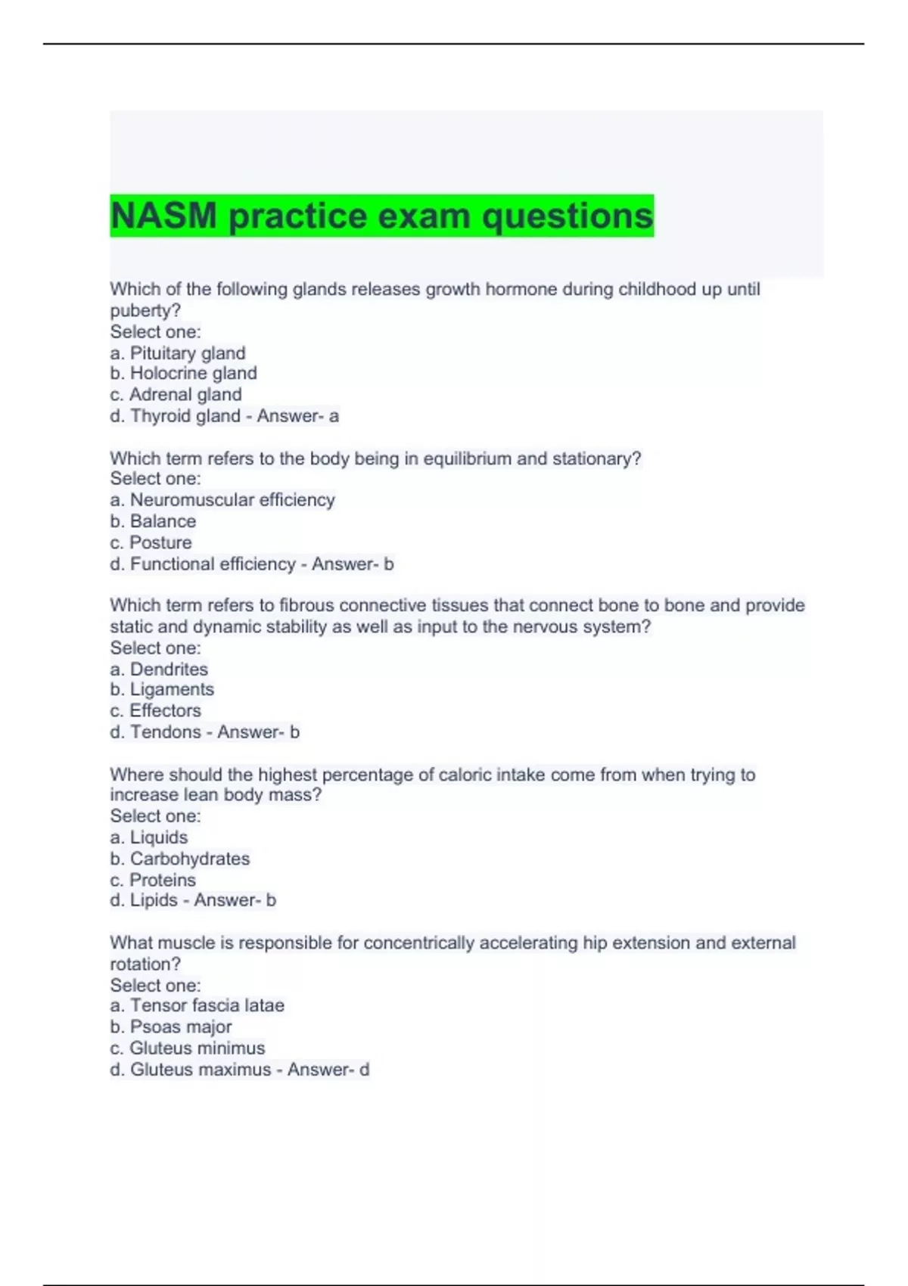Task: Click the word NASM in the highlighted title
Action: pyautogui.click(x=163, y=216)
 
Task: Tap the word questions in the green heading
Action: pyautogui.click(x=567, y=216)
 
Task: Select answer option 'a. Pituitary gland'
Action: pyautogui.click(x=178, y=353)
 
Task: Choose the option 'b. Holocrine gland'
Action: pyautogui.click(x=183, y=374)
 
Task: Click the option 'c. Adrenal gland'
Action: pyautogui.click(x=176, y=395)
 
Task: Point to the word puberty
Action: pyautogui.click(x=143, y=311)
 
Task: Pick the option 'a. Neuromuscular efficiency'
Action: pyautogui.click(x=222, y=500)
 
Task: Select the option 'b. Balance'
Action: pyautogui.click(x=153, y=521)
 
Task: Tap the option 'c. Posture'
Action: pyautogui.click(x=151, y=542)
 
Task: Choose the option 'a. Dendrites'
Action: pyautogui.click(x=159, y=669)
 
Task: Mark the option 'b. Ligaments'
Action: pyautogui.click(x=162, y=690)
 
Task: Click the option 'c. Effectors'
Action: pyautogui.click(x=155, y=711)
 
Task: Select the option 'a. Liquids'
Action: pyautogui.click(x=149, y=837)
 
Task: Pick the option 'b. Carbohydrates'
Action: pyautogui.click(x=180, y=859)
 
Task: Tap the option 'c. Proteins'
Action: pyautogui.click(x=153, y=880)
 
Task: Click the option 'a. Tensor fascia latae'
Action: pyautogui.click(x=197, y=1005)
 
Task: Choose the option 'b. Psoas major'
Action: pyautogui.click(x=171, y=1027)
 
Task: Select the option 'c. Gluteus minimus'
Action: pyautogui.click(x=188, y=1048)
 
